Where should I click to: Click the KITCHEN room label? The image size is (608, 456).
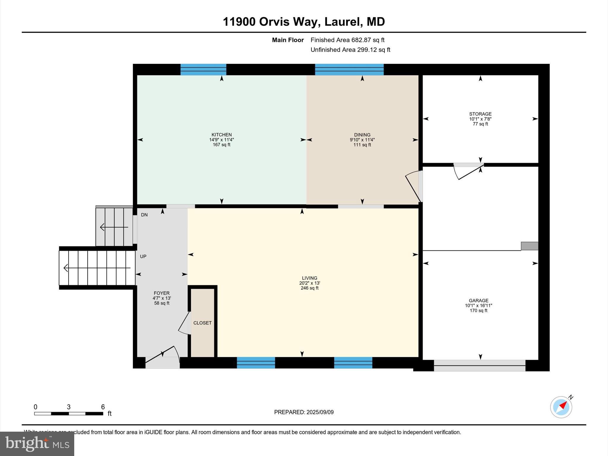[221, 135]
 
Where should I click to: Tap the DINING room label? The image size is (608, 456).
[362, 135]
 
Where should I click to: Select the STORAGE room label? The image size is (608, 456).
[480, 114]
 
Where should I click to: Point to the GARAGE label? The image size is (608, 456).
[479, 300]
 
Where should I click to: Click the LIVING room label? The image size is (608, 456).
[310, 278]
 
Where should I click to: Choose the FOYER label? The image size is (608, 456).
[161, 293]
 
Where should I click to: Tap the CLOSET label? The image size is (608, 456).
[202, 323]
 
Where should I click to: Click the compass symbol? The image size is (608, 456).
[561, 407]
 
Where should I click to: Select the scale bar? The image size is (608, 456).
[69, 414]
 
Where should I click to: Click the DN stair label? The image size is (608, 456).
[144, 215]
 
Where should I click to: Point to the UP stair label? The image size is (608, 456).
[143, 256]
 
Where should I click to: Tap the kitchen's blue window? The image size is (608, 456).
[203, 69]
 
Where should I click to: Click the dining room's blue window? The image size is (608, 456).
[349, 69]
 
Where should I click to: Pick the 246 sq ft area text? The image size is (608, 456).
[310, 288]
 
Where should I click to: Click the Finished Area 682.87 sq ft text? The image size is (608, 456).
[348, 40]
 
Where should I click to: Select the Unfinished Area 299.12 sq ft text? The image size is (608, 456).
[350, 50]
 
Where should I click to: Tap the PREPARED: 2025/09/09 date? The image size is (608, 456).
[304, 412]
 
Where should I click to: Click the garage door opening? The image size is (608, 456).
[480, 365]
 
